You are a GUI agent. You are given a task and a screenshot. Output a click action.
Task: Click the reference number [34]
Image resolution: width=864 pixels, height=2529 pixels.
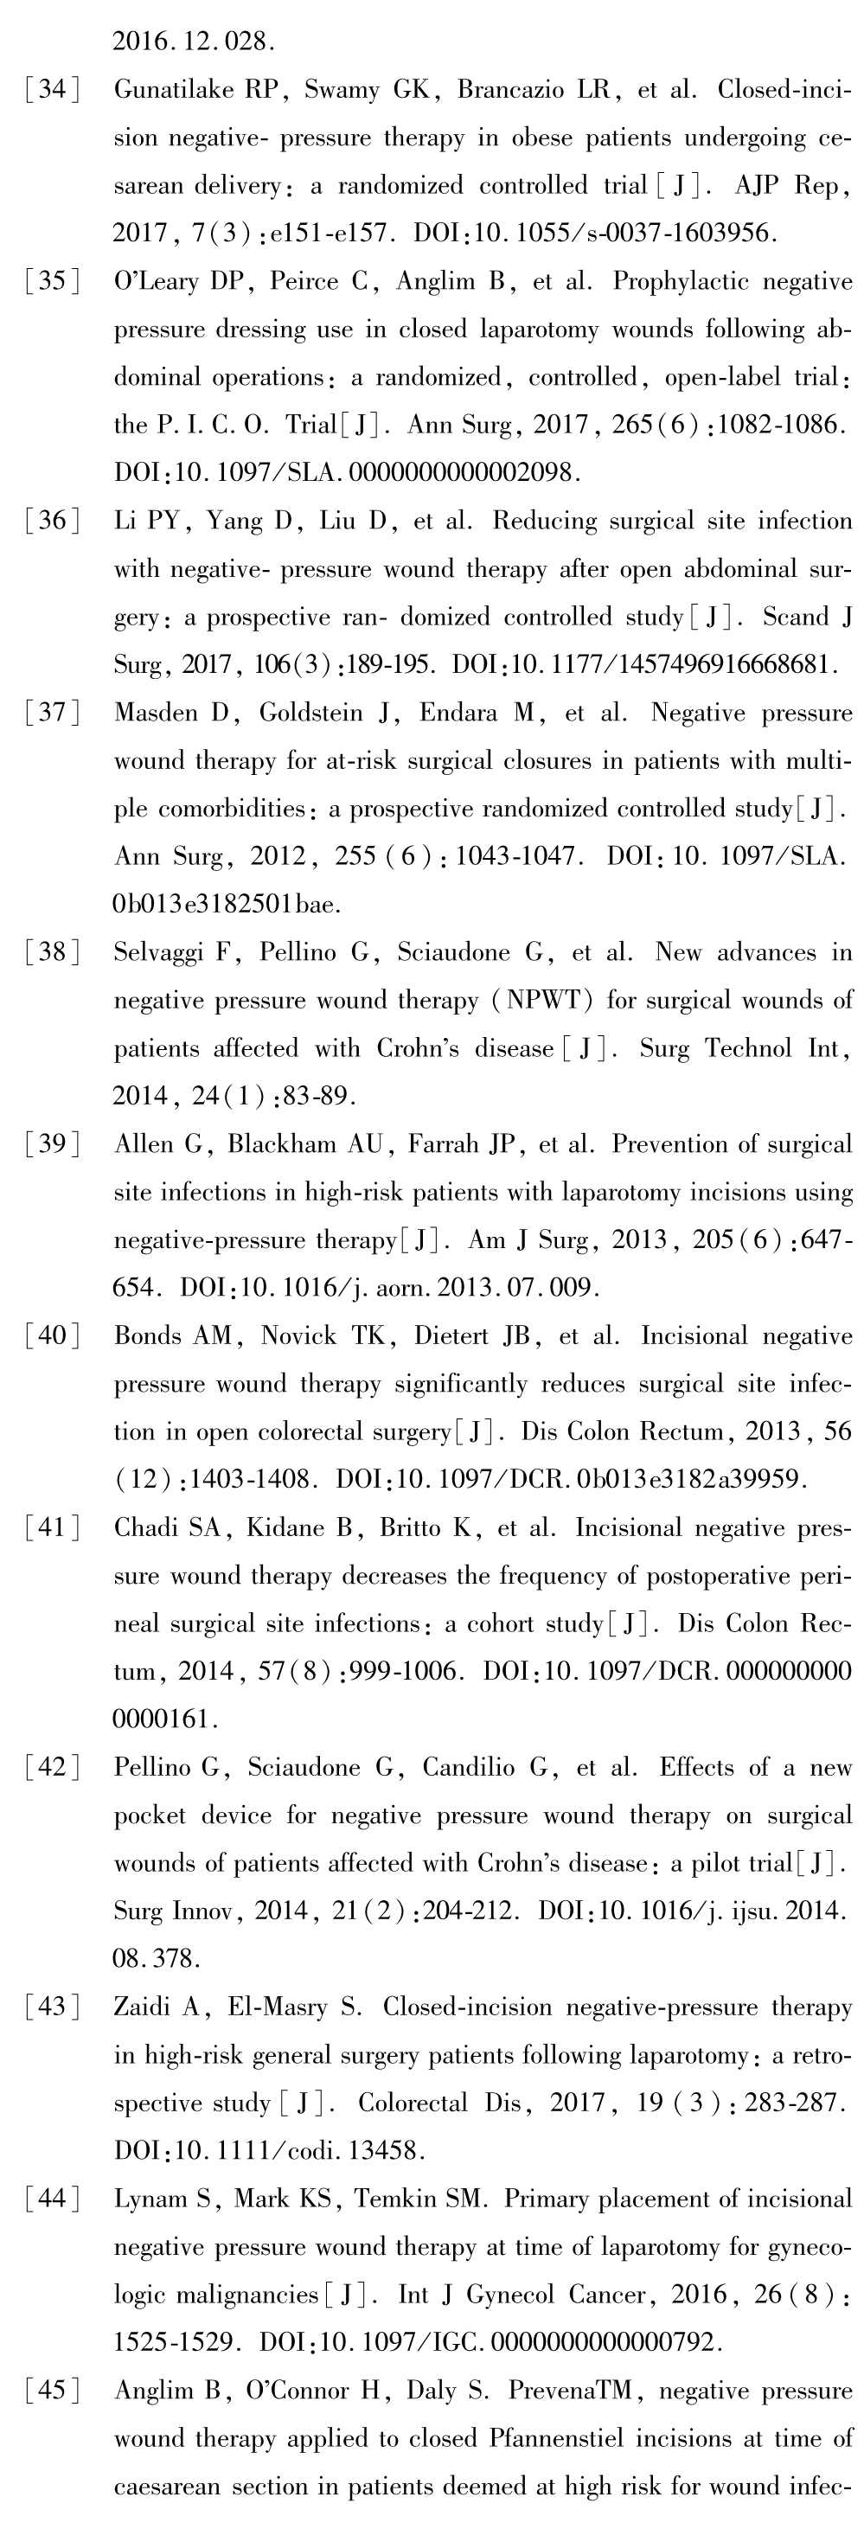click(51, 90)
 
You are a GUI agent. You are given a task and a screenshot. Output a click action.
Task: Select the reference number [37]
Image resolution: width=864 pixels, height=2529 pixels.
click(51, 713)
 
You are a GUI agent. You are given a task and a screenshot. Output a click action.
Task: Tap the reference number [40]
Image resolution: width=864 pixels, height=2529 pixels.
click(51, 1336)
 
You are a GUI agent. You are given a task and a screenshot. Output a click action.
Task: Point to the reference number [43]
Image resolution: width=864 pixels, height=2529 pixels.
click(51, 2007)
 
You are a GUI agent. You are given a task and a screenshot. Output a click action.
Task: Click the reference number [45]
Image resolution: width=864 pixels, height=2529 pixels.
click(51, 2391)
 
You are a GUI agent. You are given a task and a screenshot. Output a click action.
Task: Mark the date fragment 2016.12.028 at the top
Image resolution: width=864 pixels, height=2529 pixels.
click(193, 42)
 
